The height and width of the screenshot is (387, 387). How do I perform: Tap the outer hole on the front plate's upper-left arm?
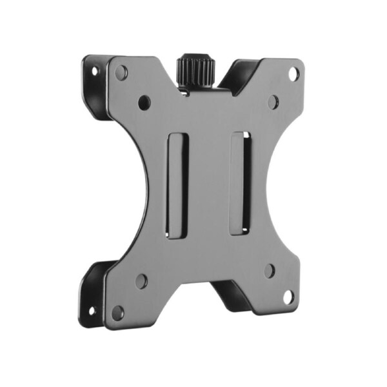pos(121,72)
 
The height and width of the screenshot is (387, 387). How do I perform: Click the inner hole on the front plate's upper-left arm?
pos(144,102)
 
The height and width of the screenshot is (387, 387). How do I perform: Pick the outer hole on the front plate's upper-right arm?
pos(292,73)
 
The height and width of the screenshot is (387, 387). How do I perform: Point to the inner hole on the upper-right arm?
pos(273,101)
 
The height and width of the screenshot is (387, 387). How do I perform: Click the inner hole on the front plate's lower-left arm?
pos(141,281)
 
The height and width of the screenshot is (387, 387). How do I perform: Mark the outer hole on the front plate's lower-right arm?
pos(288,297)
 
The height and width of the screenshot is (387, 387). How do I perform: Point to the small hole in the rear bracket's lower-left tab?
pos(91,310)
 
